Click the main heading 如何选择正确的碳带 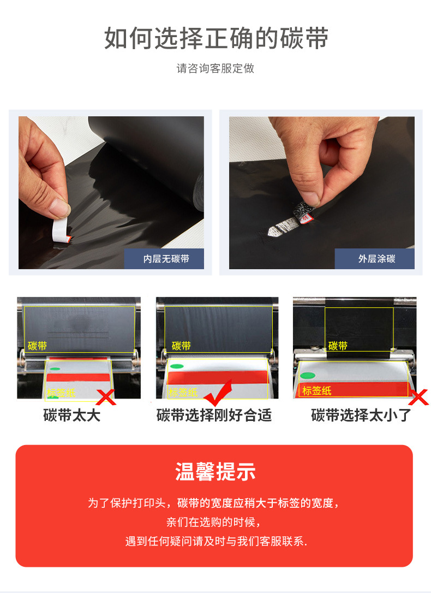pyautogui.click(x=216, y=38)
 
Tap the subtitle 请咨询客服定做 pyautogui.click(x=215, y=68)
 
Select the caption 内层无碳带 pyautogui.click(x=166, y=259)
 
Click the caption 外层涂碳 pyautogui.click(x=376, y=259)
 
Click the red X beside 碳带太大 pyautogui.click(x=106, y=397)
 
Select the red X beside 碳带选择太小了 pyautogui.click(x=418, y=397)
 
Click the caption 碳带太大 pyautogui.click(x=72, y=415)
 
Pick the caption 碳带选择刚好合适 pyautogui.click(x=214, y=415)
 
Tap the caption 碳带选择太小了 pyautogui.click(x=361, y=415)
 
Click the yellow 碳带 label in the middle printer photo pyautogui.click(x=181, y=346)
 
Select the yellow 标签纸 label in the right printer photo pyautogui.click(x=316, y=390)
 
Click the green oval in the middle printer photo pyautogui.click(x=177, y=366)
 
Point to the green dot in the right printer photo pyautogui.click(x=308, y=376)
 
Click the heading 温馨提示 pyautogui.click(x=215, y=472)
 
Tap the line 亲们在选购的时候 pyautogui.click(x=214, y=522)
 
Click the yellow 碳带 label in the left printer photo pyautogui.click(x=38, y=346)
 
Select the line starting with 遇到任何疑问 pyautogui.click(x=216, y=541)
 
